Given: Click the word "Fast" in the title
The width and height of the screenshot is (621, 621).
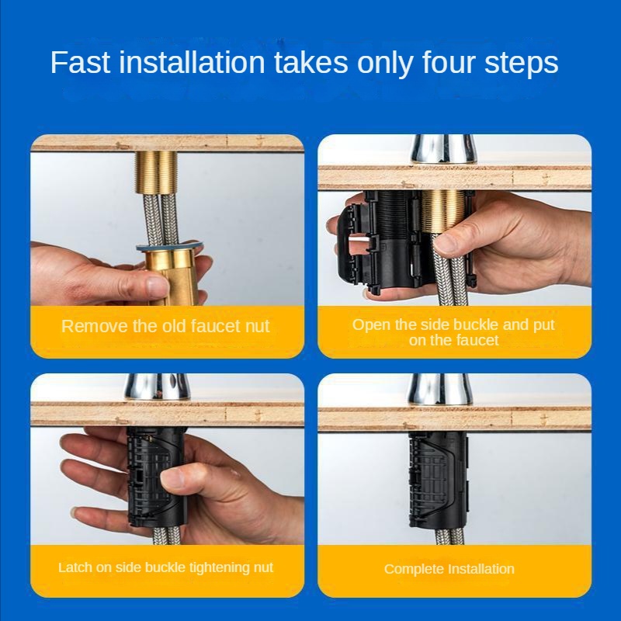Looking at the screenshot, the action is (81, 62).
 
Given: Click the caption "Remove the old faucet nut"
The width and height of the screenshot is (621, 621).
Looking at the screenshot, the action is (165, 326).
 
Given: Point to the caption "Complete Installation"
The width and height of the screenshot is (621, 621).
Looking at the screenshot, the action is (449, 569).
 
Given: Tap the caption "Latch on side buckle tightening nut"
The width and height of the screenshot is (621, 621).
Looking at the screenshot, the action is (165, 567).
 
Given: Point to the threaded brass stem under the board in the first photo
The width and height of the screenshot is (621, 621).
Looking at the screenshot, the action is (157, 172).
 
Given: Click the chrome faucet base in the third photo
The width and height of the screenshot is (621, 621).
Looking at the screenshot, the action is (158, 387).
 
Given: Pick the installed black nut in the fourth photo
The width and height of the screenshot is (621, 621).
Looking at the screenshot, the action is (438, 480).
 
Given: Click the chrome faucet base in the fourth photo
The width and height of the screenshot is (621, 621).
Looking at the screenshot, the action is (440, 390).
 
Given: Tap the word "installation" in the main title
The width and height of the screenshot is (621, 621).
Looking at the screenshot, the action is (192, 62).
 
